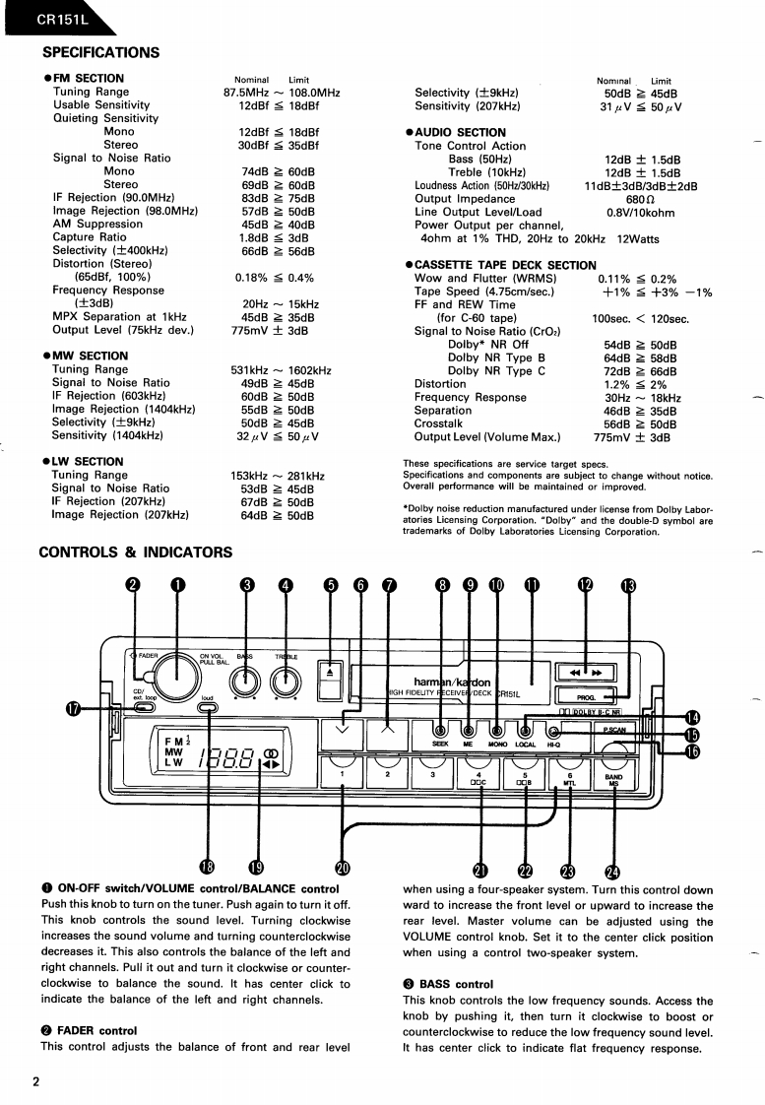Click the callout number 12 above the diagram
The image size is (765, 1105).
click(x=586, y=585)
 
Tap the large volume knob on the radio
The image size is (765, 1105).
click(x=178, y=678)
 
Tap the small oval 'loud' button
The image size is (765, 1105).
click(x=208, y=708)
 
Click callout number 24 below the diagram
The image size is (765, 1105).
click(x=614, y=870)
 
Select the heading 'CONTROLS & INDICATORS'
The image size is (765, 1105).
click(x=136, y=552)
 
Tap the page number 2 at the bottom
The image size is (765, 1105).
click(x=35, y=1083)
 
